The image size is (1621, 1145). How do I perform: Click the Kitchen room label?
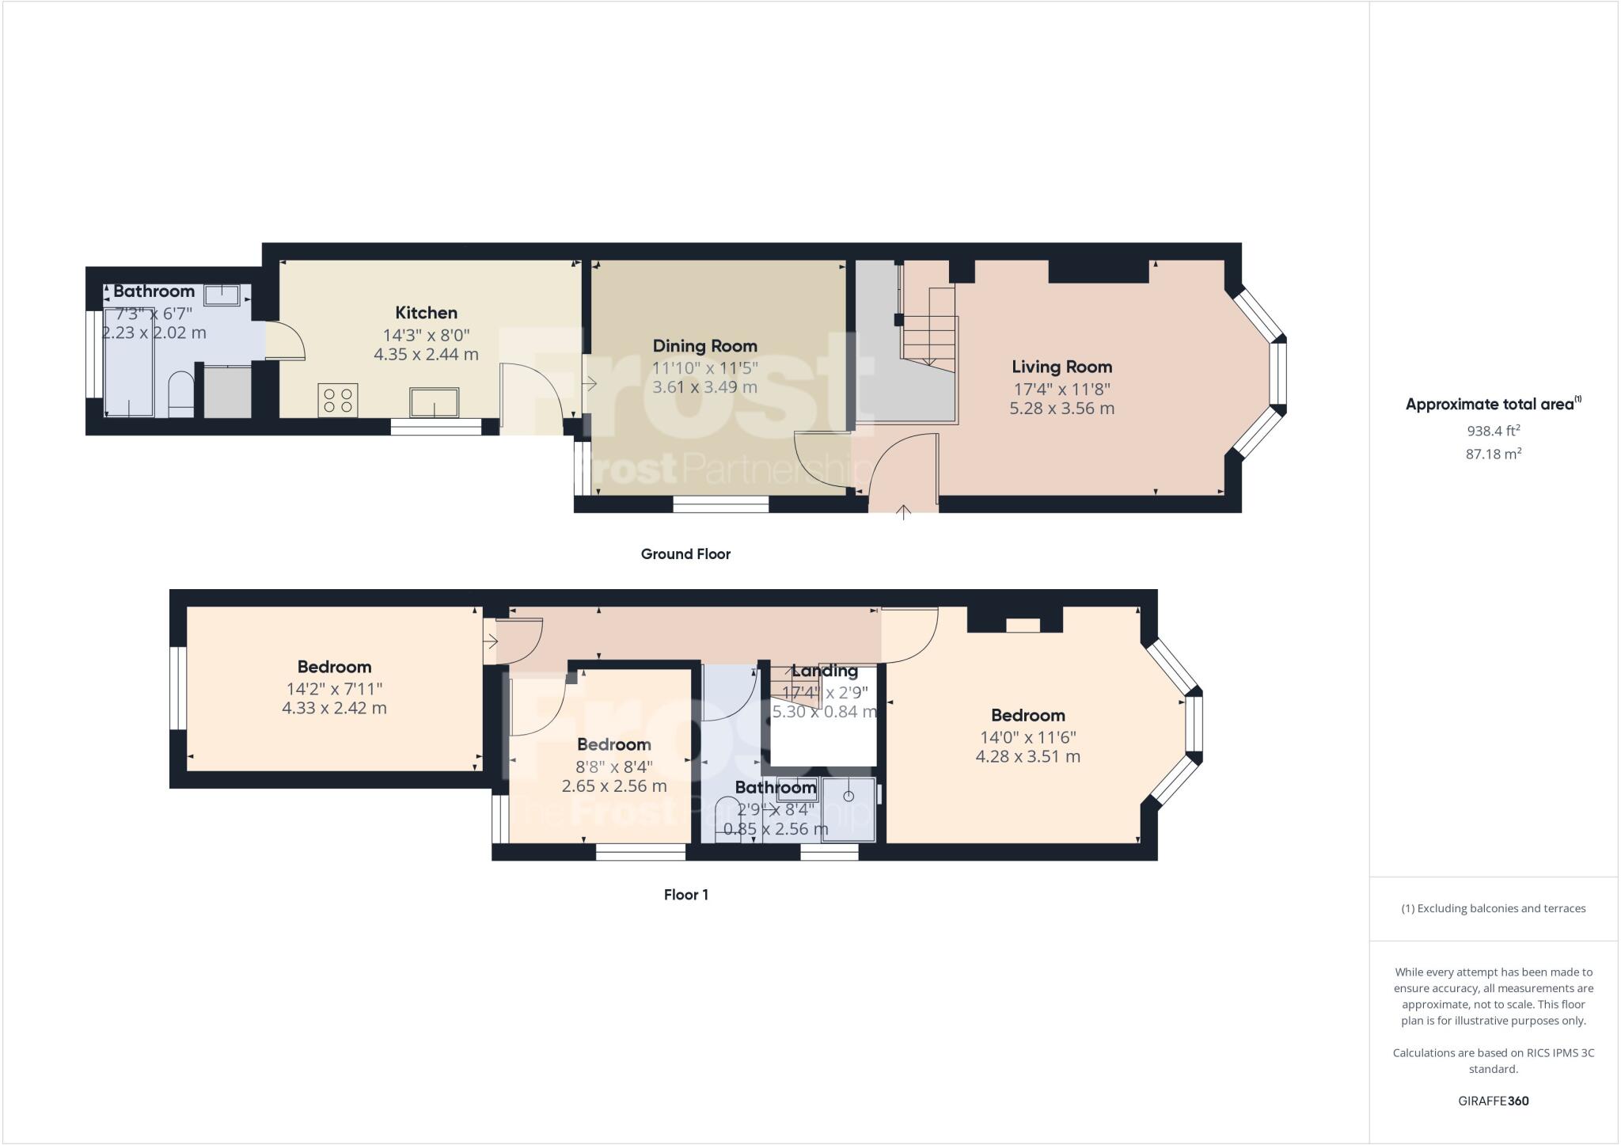[x=426, y=313]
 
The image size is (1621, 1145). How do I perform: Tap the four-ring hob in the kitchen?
[x=338, y=399]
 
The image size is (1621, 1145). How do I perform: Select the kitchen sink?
[x=434, y=401]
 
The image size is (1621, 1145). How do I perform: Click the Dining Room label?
[x=704, y=346]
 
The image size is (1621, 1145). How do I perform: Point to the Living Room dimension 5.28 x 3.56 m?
[x=1061, y=409]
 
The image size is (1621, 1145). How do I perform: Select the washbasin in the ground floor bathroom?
[x=224, y=295]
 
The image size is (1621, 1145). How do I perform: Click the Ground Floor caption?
[x=685, y=554]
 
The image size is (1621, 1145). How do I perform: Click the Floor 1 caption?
[x=685, y=895]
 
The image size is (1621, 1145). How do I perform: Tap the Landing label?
[x=825, y=671]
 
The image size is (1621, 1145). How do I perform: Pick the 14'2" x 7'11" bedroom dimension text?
[x=334, y=689]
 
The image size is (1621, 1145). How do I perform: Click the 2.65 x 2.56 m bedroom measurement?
[x=613, y=786]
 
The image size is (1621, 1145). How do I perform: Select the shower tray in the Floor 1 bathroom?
[x=849, y=808]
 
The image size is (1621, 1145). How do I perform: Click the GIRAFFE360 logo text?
[x=1493, y=1101]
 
